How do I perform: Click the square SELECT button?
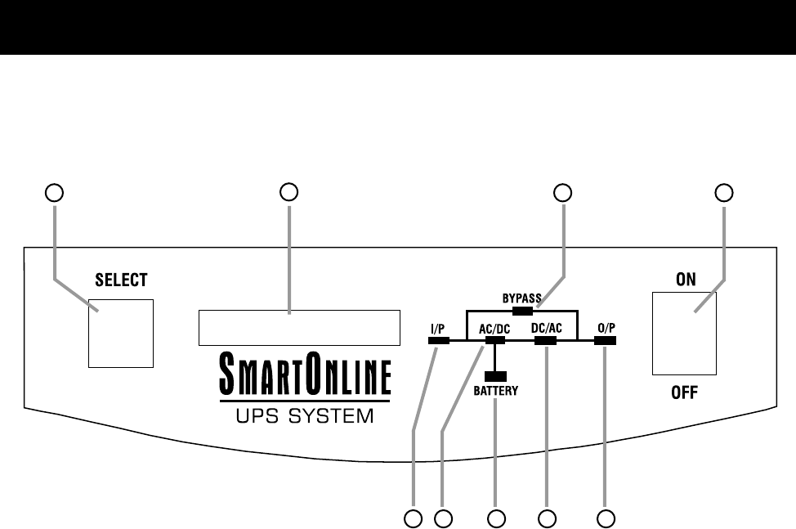(x=121, y=333)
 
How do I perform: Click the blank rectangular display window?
(x=298, y=327)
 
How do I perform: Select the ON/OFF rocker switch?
(x=684, y=334)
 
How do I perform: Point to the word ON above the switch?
(x=685, y=280)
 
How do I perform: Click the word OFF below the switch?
(x=685, y=393)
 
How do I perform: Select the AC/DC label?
(x=494, y=329)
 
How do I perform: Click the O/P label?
(x=606, y=329)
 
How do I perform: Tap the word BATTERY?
(x=495, y=392)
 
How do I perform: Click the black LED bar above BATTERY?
(x=495, y=376)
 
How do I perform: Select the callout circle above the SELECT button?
(x=54, y=193)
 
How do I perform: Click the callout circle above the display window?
(x=288, y=193)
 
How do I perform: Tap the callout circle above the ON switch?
(x=724, y=193)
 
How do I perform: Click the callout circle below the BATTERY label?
(x=495, y=518)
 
